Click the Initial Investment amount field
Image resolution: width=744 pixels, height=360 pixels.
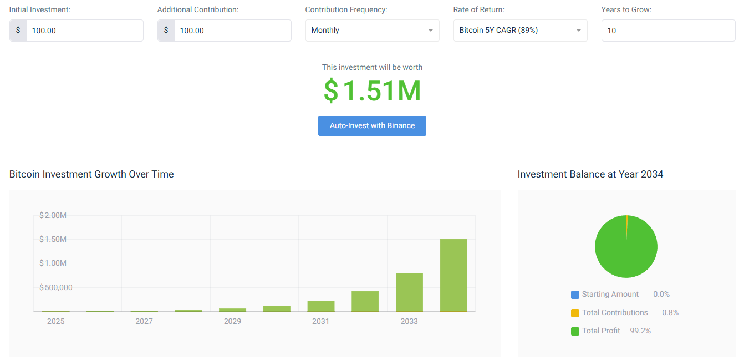[x=84, y=31]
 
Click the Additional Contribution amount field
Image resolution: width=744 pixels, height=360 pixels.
[x=232, y=31]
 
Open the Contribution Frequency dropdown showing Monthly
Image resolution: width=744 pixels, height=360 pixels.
[x=372, y=31]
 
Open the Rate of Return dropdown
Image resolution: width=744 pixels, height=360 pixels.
[x=520, y=31]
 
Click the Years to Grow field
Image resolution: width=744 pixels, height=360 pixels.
[x=668, y=31]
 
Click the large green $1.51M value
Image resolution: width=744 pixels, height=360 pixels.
[x=373, y=91]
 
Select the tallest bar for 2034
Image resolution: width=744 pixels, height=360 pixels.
[x=453, y=275]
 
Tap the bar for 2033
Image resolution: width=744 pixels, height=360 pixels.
[x=409, y=292]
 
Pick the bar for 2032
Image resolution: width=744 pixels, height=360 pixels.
[x=365, y=301]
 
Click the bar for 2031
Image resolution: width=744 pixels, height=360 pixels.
[x=321, y=306]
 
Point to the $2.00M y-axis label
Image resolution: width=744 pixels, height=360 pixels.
[x=53, y=215]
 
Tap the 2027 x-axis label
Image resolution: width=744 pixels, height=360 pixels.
[x=144, y=321]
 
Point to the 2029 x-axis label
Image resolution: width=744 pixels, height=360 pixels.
[x=232, y=321]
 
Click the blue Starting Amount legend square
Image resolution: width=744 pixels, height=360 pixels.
[x=575, y=295]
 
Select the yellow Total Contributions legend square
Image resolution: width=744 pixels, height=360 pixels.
[x=575, y=313]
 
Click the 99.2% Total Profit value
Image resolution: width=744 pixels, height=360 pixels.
[x=640, y=331]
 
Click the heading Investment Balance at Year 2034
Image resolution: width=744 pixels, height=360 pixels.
[x=590, y=174]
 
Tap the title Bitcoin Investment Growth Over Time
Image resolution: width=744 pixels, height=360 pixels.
[x=91, y=174]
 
